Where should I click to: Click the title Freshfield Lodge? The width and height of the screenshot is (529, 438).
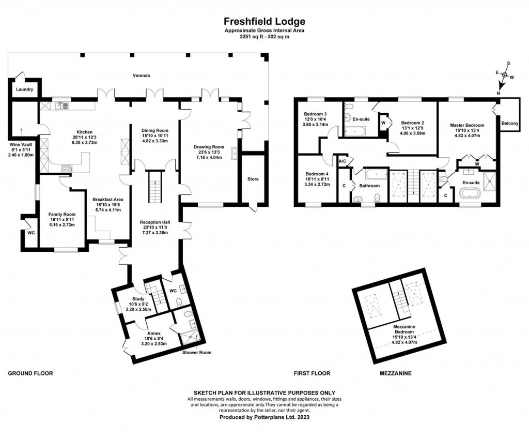(x=264, y=22)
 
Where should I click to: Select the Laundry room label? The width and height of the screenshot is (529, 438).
(x=24, y=89)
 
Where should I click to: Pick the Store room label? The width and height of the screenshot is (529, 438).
(x=253, y=179)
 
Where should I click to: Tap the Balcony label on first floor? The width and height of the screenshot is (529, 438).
(x=510, y=124)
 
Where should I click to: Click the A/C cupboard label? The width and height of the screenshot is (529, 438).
(x=342, y=161)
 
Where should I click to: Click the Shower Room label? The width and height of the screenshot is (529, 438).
(x=197, y=353)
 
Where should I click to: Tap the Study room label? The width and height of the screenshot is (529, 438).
(x=138, y=298)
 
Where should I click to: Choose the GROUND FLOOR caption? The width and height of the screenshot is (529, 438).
(x=30, y=373)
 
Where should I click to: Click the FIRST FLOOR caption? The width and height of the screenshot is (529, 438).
(x=312, y=373)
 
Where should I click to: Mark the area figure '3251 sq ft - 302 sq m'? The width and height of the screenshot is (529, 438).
(x=264, y=37)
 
